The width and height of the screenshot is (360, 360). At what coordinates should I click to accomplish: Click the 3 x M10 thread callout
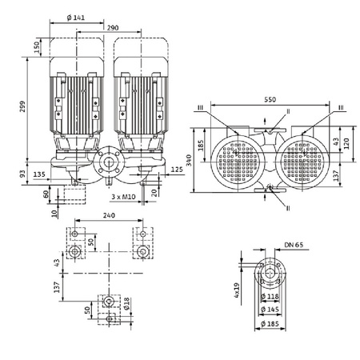(119, 196)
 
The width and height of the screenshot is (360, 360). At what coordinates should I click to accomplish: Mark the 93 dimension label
(22, 174)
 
